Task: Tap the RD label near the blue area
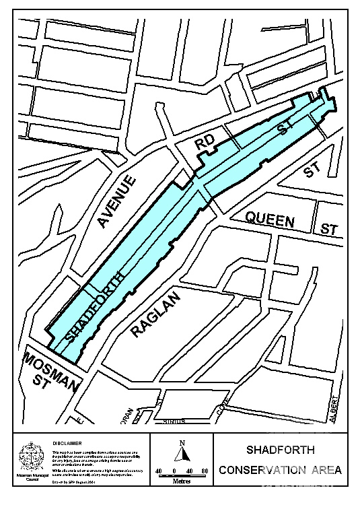coord(205,142)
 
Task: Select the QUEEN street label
coord(270,219)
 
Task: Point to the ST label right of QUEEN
coord(329,230)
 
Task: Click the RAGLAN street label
coord(156,314)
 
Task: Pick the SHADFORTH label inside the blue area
coord(96,308)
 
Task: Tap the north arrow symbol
coord(181,454)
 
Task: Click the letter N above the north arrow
coord(182,442)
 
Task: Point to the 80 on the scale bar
coord(205,471)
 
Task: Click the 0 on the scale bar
coord(174,471)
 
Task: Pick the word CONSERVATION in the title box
coord(258,470)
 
